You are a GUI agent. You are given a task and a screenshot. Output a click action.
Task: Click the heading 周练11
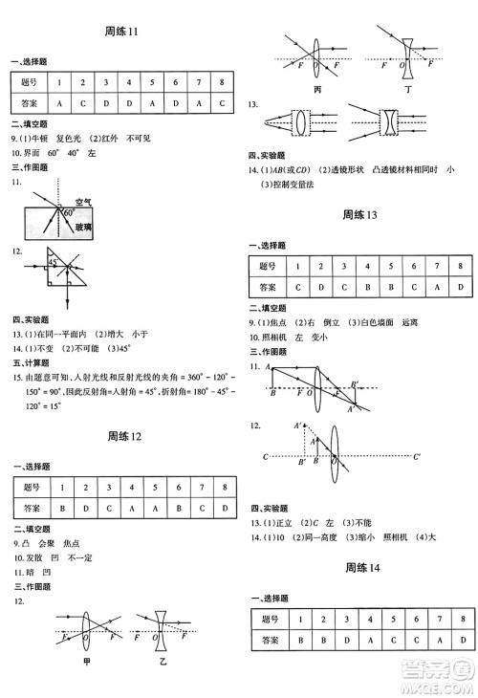121,32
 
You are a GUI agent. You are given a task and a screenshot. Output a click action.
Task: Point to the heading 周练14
360,568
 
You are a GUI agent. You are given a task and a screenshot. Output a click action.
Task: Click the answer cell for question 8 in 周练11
221,102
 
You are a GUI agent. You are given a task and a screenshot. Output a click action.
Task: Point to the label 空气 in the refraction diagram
83,202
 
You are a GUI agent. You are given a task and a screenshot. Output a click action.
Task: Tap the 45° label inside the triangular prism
55,261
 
